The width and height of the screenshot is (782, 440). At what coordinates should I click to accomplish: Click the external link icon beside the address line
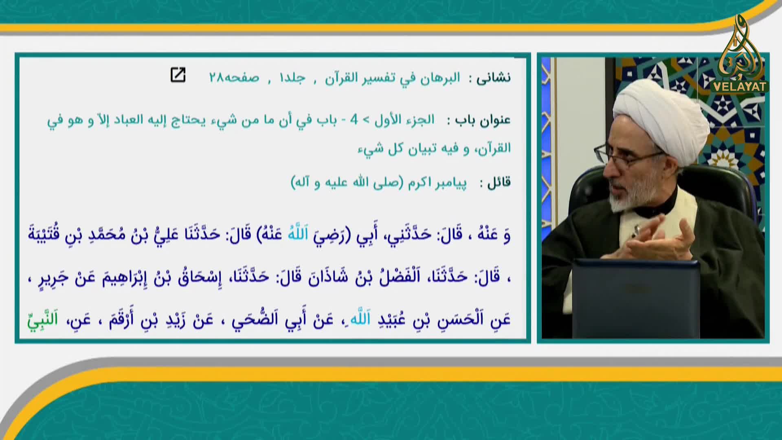pos(178,75)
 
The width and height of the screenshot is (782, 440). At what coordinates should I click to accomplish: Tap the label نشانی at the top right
pos(494,78)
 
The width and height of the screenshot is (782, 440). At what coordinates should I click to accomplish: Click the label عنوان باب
pos(483,121)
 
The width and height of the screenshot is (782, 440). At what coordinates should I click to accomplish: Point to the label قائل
pos(499,183)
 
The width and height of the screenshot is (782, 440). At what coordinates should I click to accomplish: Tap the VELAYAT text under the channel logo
pos(740,87)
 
